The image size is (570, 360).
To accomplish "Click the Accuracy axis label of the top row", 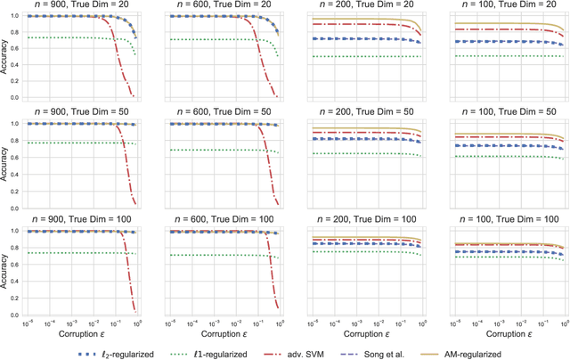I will click(6, 56).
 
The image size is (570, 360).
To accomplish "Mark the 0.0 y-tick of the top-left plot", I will click(27, 97).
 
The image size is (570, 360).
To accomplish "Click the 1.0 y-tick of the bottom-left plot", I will click(27, 231).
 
